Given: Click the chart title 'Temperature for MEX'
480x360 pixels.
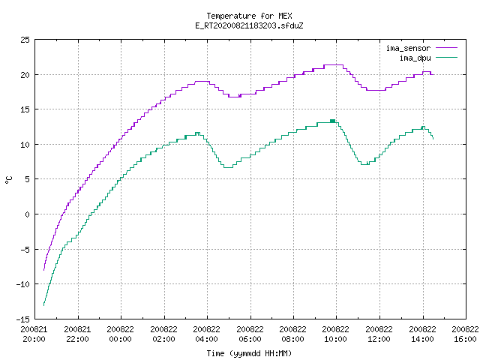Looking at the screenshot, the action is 249,16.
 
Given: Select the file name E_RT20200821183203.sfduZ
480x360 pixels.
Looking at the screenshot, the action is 249,25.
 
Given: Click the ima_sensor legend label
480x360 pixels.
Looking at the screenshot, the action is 408,48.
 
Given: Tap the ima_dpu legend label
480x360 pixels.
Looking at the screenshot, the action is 415,58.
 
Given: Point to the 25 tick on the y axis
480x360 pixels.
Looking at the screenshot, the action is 25,40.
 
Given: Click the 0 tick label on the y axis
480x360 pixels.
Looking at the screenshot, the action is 27,214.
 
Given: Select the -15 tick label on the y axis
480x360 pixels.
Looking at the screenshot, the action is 23,319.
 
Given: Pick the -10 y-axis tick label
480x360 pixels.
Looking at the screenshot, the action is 23,284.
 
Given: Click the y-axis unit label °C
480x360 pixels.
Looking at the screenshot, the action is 8,180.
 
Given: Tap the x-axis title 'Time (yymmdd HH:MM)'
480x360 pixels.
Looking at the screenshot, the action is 249,353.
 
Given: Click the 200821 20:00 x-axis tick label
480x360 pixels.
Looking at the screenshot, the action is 34,334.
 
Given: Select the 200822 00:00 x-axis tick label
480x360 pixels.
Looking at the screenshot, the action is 120,334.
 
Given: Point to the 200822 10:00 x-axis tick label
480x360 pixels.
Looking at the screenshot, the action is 335,334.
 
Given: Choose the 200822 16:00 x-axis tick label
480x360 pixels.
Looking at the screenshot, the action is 465,334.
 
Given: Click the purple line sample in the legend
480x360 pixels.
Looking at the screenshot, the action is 447,48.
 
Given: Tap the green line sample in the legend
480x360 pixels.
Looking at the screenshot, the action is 447,57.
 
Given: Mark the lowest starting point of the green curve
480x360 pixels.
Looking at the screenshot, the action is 43,305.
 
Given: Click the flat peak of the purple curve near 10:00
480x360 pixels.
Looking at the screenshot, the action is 333,65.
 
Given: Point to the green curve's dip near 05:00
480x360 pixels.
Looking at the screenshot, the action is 228,167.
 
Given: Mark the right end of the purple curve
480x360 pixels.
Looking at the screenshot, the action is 433,74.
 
